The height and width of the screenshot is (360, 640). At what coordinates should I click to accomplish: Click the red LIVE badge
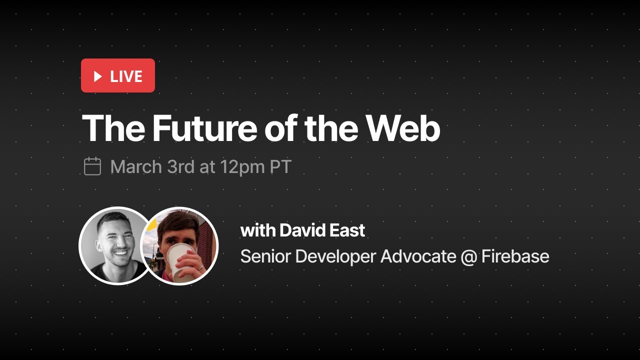point(118,75)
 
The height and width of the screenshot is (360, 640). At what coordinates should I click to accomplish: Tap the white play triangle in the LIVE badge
point(98,76)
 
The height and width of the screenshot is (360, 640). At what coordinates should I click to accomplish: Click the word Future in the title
point(205,128)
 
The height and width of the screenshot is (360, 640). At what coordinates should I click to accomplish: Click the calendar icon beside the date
point(92,166)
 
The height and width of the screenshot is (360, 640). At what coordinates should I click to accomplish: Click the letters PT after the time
point(280,166)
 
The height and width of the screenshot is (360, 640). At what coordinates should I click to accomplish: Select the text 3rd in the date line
point(180,166)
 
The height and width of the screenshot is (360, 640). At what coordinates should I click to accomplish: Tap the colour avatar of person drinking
point(180,245)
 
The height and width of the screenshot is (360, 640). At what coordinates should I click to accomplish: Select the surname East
point(347,230)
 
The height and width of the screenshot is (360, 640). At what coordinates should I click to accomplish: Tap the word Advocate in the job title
point(418,256)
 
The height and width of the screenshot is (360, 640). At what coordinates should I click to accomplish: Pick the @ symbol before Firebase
point(469,257)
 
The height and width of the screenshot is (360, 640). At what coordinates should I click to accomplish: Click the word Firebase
point(515,256)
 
